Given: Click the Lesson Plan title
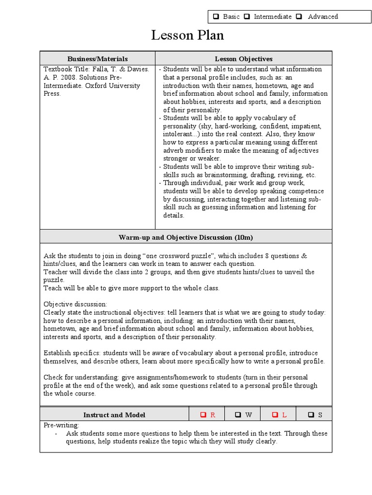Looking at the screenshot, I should [x=187, y=36].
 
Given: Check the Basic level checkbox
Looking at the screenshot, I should [x=215, y=17].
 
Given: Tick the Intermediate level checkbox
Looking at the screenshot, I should [x=247, y=17].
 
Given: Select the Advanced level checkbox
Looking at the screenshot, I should [x=299, y=17].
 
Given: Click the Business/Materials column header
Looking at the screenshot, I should [x=97, y=58].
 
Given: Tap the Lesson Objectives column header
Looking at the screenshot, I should [x=244, y=58].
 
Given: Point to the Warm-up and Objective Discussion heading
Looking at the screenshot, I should [x=186, y=237].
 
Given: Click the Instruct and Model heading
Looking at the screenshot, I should [x=114, y=415].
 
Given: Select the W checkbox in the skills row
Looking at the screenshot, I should [x=238, y=415].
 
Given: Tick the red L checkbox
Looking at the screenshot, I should [x=275, y=415].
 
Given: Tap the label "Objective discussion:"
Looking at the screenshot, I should [x=76, y=304].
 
